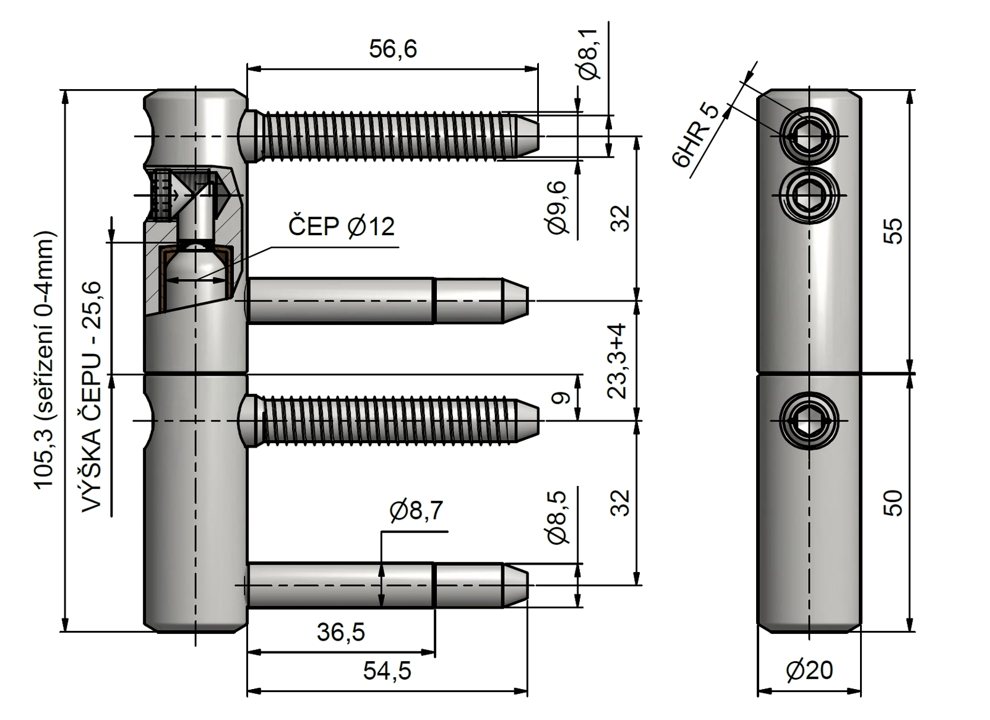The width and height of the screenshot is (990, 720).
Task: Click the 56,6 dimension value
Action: (393, 49)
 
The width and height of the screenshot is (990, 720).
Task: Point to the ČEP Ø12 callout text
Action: (341, 227)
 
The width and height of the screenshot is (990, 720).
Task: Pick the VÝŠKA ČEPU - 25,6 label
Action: (92, 396)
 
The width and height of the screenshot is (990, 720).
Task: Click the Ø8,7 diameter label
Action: (416, 511)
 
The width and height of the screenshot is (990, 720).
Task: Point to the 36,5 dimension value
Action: (341, 632)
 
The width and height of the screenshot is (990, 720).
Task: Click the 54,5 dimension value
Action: (387, 670)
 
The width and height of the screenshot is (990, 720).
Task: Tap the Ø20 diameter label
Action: (809, 670)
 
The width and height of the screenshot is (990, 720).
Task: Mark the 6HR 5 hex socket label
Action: (696, 136)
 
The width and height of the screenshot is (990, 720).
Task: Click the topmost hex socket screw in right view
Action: (809, 136)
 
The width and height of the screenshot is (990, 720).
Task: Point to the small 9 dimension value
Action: (561, 397)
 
